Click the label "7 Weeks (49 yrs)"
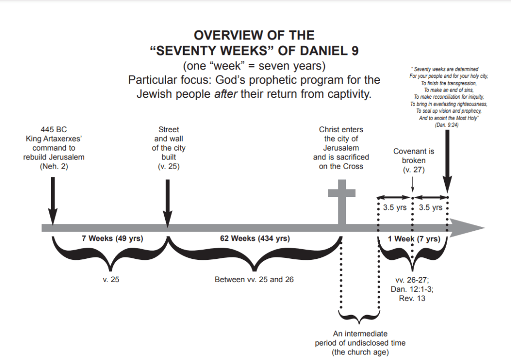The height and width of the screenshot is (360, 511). pyautogui.click(x=112, y=239)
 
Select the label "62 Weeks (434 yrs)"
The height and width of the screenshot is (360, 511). pyautogui.click(x=255, y=239)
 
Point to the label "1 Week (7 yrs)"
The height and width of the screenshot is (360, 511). pyautogui.click(x=414, y=239)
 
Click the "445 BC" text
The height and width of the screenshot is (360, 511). pyautogui.click(x=54, y=130)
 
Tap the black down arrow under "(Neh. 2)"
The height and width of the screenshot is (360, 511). pyautogui.click(x=53, y=199)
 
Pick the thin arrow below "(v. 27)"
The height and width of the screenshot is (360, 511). pyautogui.click(x=413, y=183)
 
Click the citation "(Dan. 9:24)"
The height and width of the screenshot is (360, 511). pyautogui.click(x=447, y=125)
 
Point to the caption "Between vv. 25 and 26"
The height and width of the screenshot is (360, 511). pyautogui.click(x=255, y=279)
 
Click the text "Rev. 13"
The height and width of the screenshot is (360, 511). pyautogui.click(x=413, y=298)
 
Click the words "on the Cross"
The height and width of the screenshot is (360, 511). pyautogui.click(x=341, y=166)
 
